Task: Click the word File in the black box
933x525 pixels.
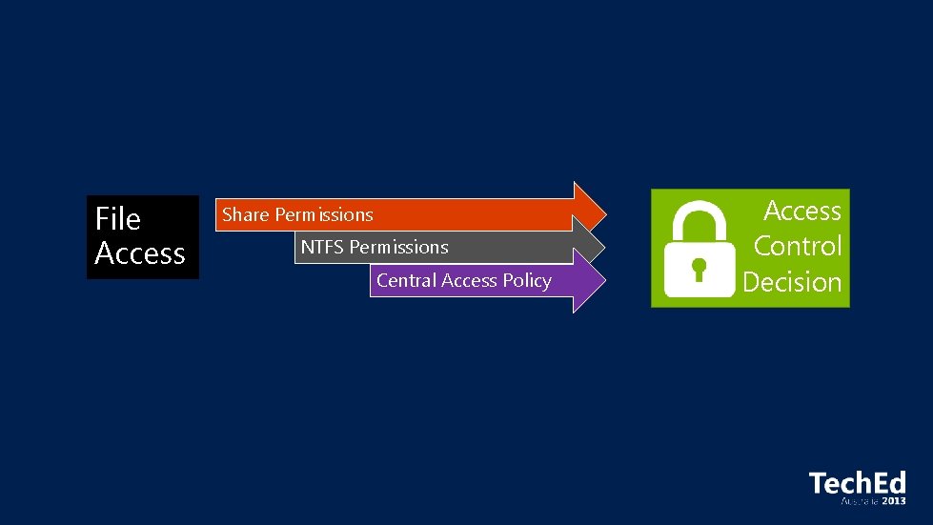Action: [x=117, y=219]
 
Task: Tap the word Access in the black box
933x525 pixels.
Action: [x=140, y=253]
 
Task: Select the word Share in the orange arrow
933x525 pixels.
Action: [x=246, y=215]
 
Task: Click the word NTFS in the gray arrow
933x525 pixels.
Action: [x=323, y=248]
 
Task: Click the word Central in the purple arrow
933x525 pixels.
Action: [x=406, y=280]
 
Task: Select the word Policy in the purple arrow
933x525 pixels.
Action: [x=527, y=280]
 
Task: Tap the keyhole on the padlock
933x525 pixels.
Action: [x=700, y=268]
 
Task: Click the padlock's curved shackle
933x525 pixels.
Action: [x=700, y=217]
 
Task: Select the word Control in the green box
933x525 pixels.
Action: [x=798, y=246]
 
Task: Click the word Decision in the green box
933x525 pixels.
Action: [x=792, y=282]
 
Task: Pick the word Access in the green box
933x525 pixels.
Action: [x=802, y=211]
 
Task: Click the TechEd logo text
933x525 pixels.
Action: [x=857, y=483]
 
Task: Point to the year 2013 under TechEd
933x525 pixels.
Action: [x=893, y=500]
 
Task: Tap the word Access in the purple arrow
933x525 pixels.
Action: [x=468, y=280]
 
